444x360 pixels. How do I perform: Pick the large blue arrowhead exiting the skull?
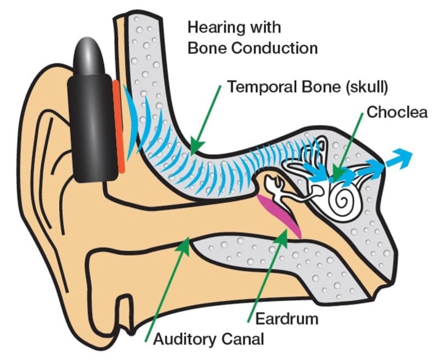click(401, 159)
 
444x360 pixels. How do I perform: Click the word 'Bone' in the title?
click(205, 48)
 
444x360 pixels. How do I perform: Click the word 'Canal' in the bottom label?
click(244, 338)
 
